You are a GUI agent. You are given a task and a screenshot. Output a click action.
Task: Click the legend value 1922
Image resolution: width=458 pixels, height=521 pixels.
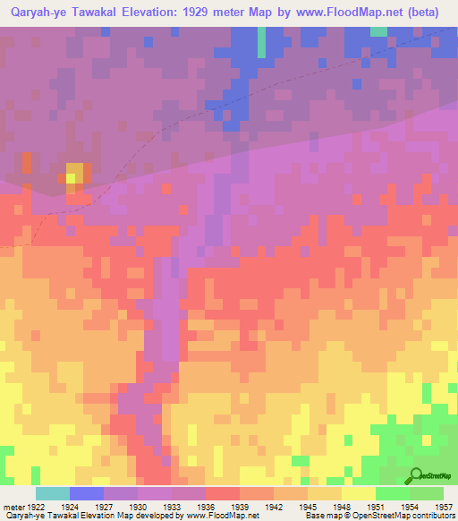(x=32, y=506)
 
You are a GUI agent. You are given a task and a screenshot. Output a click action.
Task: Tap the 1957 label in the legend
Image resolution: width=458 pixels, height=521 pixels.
(x=444, y=506)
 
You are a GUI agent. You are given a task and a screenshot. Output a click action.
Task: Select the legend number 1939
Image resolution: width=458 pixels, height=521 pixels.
(x=240, y=506)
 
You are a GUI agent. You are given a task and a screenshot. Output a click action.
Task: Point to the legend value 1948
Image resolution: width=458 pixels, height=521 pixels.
(x=342, y=506)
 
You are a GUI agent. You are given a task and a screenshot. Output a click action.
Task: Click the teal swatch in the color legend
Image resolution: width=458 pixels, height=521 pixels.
(x=53, y=493)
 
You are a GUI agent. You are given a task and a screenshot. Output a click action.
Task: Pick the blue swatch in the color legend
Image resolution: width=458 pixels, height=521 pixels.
(x=87, y=493)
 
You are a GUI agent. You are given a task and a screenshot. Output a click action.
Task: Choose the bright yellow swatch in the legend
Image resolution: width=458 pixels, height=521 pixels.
(x=359, y=493)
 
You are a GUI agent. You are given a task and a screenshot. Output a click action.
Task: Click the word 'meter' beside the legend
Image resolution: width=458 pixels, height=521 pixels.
(x=12, y=506)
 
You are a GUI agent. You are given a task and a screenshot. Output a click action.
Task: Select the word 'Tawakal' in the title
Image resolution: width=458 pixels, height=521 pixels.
(x=91, y=13)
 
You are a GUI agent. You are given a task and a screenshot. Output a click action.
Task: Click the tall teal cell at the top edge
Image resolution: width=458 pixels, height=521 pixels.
(x=262, y=41)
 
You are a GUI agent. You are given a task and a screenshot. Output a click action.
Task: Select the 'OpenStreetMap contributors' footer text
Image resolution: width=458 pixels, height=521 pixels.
(x=406, y=516)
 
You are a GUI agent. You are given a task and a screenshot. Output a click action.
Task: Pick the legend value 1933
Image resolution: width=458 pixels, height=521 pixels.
(x=172, y=506)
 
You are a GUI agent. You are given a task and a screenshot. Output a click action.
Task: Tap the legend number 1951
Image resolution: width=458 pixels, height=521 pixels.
(x=376, y=506)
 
